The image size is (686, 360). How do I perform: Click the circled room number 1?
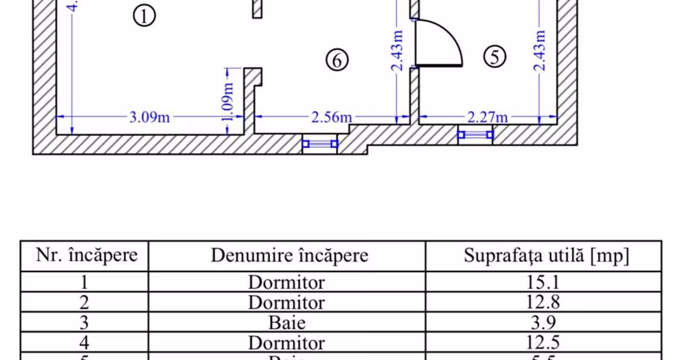click(x=144, y=16)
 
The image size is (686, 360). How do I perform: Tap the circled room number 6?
click(x=337, y=59)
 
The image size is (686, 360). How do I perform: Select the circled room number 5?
click(x=495, y=57)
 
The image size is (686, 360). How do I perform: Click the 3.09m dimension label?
click(x=149, y=118)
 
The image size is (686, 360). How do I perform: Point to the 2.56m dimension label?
click(x=331, y=118)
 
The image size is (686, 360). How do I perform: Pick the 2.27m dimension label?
click(x=488, y=118)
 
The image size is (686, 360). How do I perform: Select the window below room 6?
click(x=320, y=144)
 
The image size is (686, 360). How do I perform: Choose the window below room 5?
click(x=475, y=135)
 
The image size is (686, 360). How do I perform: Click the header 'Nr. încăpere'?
click(x=87, y=255)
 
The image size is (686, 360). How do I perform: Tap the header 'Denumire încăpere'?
click(x=289, y=255)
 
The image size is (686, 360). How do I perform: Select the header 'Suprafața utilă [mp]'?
click(x=546, y=255)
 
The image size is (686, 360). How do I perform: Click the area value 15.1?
click(x=544, y=282)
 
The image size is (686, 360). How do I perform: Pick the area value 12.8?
click(x=544, y=302)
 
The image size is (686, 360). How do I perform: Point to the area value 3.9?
click(x=544, y=322)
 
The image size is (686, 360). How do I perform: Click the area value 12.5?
click(x=544, y=343)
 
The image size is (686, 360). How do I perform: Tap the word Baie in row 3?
click(x=287, y=322)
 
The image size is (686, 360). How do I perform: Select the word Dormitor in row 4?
click(x=286, y=343)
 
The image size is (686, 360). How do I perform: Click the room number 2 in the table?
click(x=84, y=302)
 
